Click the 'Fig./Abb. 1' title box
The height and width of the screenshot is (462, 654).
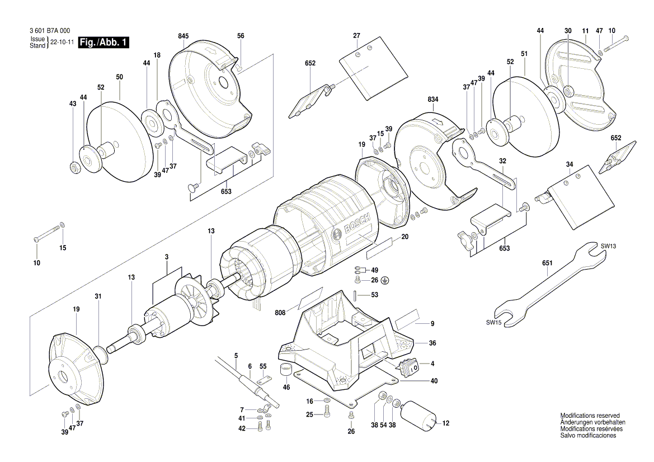(103, 43)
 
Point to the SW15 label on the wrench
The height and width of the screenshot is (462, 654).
(494, 323)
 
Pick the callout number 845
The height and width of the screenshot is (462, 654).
(184, 36)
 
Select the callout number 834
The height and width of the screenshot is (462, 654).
(433, 99)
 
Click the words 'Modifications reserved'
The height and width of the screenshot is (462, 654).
(590, 416)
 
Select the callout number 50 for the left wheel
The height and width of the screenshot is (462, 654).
(119, 77)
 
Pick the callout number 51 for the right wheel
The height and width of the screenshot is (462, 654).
(524, 54)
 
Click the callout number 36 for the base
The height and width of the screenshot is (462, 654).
(432, 343)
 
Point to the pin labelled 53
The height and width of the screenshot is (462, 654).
(356, 295)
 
